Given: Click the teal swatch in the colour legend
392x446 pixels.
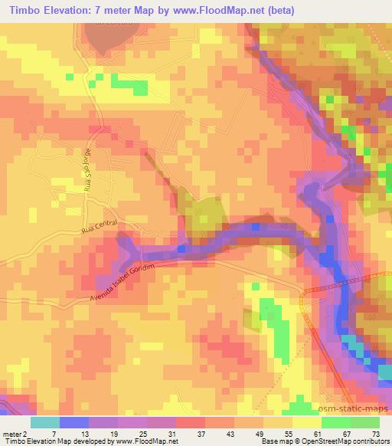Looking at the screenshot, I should point(45,421).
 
